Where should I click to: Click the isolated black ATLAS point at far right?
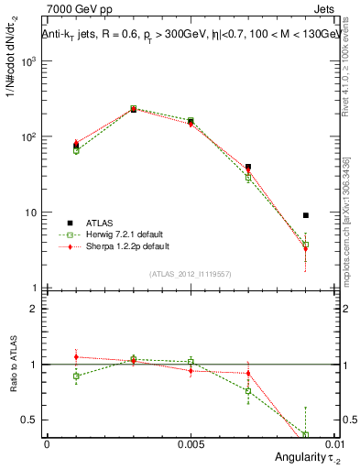306,215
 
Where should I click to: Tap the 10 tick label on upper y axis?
32,213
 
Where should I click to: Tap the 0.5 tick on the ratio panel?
32,420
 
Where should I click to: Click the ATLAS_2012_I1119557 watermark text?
190,274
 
